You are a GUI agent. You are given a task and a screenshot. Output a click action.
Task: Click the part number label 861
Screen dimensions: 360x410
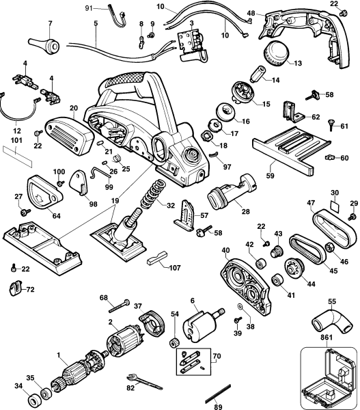[327, 338]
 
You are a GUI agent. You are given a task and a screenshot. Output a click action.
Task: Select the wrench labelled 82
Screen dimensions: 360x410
[145, 381]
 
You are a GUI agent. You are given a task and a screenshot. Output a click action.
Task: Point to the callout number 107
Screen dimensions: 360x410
[175, 268]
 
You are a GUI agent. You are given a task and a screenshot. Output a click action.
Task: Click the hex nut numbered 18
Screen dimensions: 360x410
[206, 136]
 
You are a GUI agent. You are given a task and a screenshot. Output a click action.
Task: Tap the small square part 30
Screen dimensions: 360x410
[334, 205]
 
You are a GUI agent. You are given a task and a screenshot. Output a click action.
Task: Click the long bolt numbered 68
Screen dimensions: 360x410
[120, 307]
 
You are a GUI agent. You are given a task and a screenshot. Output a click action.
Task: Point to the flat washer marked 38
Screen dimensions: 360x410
[240, 307]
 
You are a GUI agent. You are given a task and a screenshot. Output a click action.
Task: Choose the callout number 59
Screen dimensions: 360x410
[270, 176]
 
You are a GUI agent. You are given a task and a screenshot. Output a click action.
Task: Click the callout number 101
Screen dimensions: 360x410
[16, 141]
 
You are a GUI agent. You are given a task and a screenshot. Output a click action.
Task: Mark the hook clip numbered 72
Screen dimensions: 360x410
[15, 288]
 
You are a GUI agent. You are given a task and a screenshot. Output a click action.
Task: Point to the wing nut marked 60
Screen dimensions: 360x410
[330, 158]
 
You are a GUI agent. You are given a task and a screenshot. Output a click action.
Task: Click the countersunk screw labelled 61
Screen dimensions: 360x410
[331, 126]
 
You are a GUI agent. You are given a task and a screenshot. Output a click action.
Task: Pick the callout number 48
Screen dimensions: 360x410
[251, 13]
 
